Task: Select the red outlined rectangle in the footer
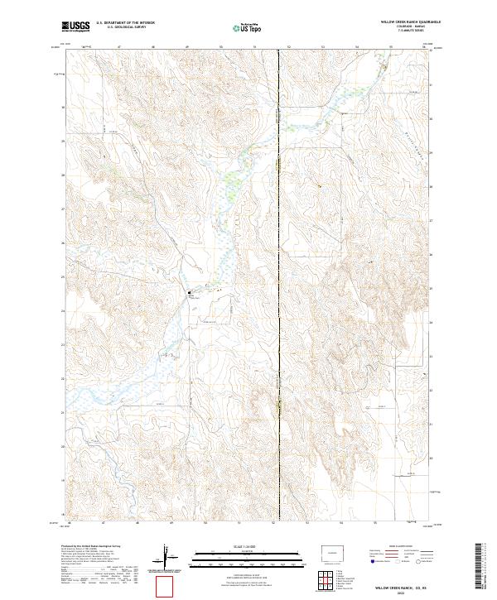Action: tap(166, 586)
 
